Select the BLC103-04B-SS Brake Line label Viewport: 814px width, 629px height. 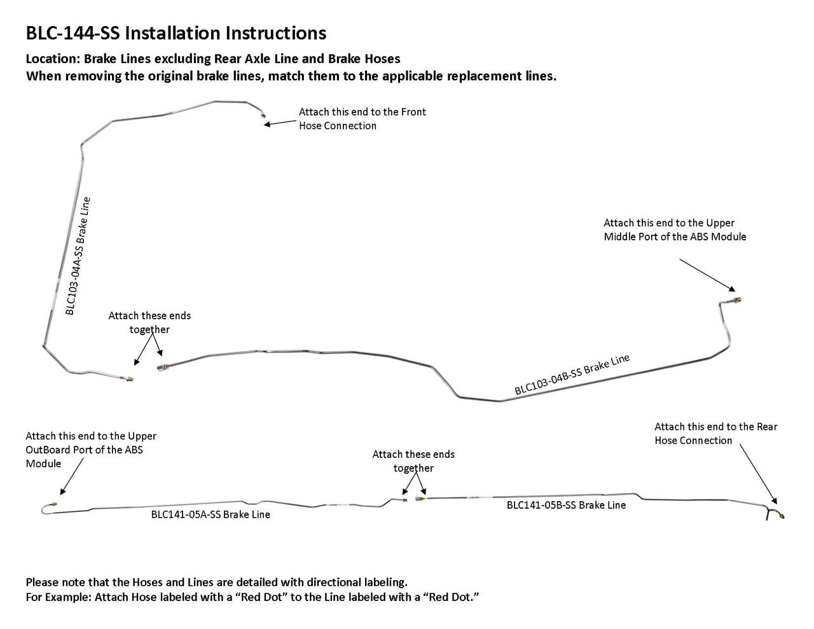coord(572,375)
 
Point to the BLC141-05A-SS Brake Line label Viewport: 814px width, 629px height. coord(210,515)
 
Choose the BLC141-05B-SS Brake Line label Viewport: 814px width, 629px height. coord(566,505)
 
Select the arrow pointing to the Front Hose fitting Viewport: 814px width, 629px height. coord(280,122)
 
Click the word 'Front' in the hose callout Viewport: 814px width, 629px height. coord(413,112)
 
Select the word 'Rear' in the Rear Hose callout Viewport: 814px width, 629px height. coord(766,427)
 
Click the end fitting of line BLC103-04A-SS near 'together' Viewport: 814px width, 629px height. coord(129,378)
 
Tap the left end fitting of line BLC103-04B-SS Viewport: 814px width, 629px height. coord(162,366)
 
